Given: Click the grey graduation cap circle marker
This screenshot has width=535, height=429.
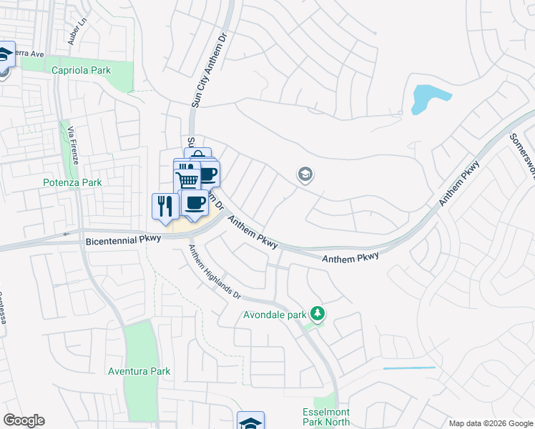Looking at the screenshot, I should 305,174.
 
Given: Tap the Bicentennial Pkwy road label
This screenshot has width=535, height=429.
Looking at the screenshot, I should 124,242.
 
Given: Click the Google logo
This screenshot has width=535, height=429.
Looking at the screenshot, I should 24,420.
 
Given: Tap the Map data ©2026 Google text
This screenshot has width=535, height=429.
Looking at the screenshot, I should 491,423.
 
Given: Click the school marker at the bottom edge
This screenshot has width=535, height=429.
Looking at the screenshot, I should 250,422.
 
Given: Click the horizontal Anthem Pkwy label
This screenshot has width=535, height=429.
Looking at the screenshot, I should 350,257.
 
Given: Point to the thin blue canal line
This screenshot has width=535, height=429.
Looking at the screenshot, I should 409,368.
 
